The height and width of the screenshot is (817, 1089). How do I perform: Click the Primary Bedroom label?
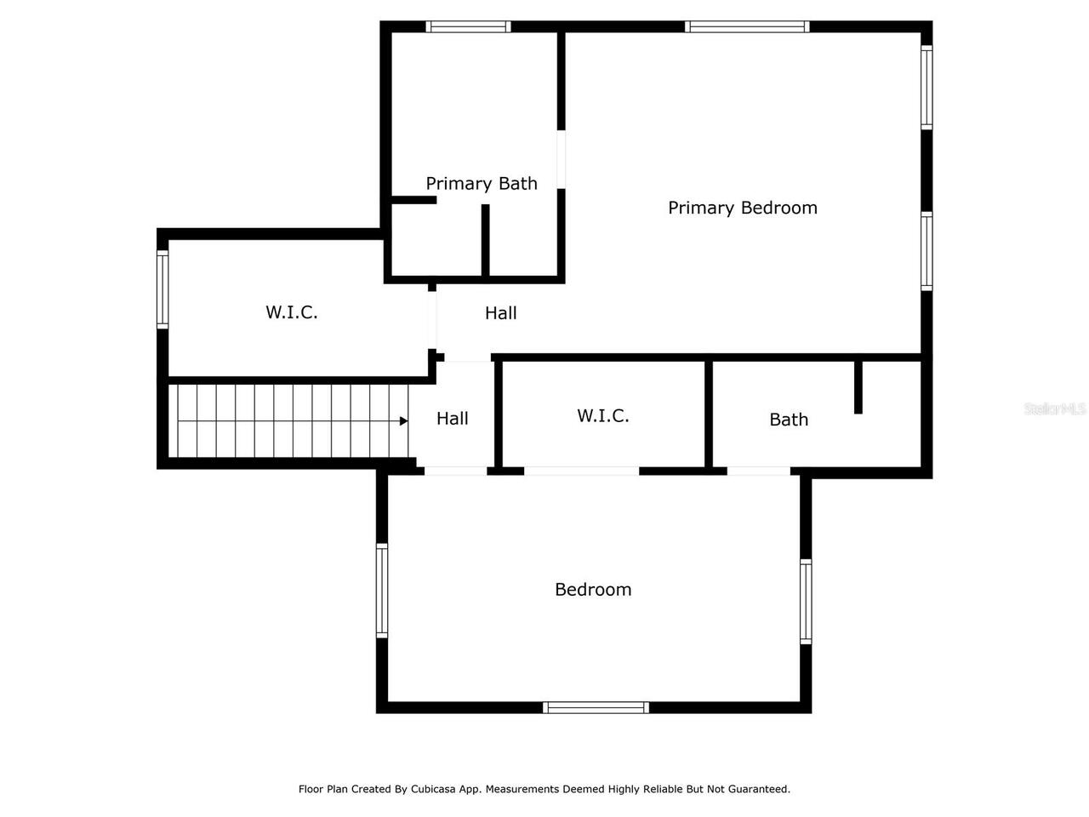pyautogui.click(x=742, y=208)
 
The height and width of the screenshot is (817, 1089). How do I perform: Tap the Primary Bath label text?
pyautogui.click(x=482, y=183)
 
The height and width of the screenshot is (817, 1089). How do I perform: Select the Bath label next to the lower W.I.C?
pyautogui.click(x=789, y=420)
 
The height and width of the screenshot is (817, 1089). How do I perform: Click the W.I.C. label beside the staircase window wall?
pyautogui.click(x=292, y=312)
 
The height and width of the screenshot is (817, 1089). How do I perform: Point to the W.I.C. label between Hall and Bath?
pyautogui.click(x=603, y=415)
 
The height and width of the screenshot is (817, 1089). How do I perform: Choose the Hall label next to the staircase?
pyautogui.click(x=453, y=418)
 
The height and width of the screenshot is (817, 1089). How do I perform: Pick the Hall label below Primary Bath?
pyautogui.click(x=501, y=313)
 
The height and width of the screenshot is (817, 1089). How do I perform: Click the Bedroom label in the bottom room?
pyautogui.click(x=593, y=589)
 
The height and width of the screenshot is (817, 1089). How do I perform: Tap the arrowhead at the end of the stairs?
pyautogui.click(x=403, y=420)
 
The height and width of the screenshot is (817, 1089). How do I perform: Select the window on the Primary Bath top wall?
pyautogui.click(x=468, y=26)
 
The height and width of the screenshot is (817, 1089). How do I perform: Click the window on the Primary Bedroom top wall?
pyautogui.click(x=747, y=26)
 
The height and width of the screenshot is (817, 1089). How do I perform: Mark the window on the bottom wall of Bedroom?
pyautogui.click(x=596, y=707)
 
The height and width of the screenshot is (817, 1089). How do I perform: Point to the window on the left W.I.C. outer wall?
pyautogui.click(x=162, y=289)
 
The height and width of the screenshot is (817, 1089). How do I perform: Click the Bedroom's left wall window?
pyautogui.click(x=382, y=591)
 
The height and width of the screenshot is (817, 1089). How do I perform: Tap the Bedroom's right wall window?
pyautogui.click(x=806, y=601)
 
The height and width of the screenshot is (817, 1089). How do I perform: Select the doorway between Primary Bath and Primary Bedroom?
pyautogui.click(x=562, y=159)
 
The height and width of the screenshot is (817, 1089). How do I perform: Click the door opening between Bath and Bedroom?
pyautogui.click(x=758, y=471)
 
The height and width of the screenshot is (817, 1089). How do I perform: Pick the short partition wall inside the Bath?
pyautogui.click(x=858, y=388)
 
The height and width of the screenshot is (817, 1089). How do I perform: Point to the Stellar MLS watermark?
pyautogui.click(x=1054, y=409)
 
